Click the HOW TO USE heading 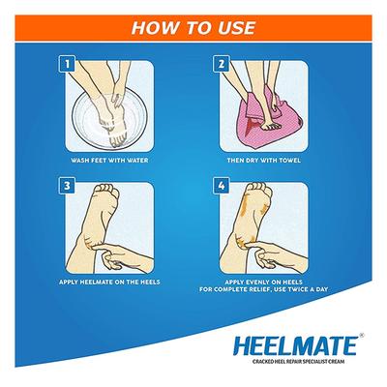pos(193,20)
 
